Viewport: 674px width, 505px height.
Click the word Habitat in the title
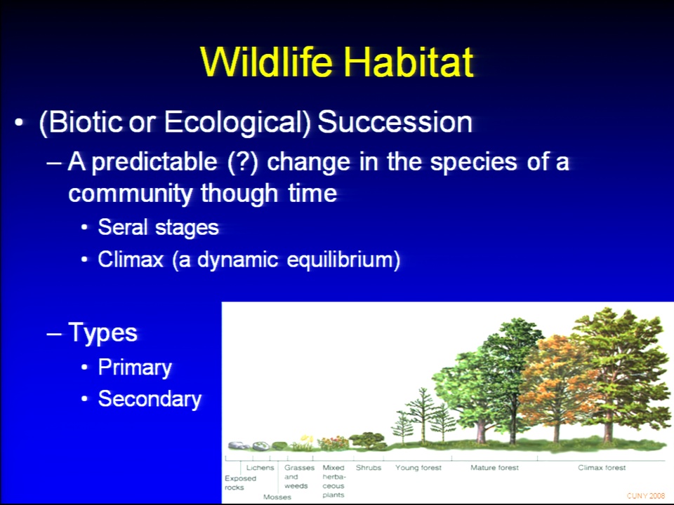[409, 62]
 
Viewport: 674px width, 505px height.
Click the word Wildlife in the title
[267, 62]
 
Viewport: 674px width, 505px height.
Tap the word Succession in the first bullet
[395, 122]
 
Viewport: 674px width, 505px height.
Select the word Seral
[122, 227]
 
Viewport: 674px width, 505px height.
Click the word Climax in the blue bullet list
[131, 260]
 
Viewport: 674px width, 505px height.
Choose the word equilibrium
[343, 260]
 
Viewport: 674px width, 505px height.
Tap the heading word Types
[103, 332]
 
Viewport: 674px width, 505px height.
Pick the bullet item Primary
[135, 368]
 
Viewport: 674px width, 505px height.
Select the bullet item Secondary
[150, 399]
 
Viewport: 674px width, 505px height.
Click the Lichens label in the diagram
[260, 468]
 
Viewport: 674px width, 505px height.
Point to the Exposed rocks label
[240, 483]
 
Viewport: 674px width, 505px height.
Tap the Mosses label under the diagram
[277, 497]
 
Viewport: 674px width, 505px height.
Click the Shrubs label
[369, 468]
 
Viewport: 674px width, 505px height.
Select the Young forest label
[418, 468]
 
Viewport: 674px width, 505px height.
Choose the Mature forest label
[494, 468]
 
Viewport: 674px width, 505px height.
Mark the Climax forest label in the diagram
[602, 468]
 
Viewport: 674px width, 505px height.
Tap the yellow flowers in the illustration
[307, 440]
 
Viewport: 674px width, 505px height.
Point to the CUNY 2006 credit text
[646, 496]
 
